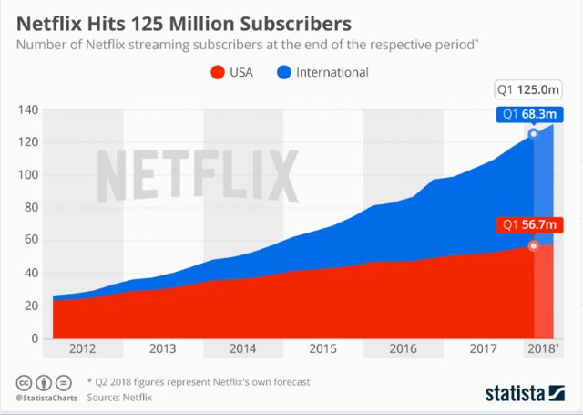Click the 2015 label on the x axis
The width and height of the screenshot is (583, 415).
pyautogui.click(x=322, y=348)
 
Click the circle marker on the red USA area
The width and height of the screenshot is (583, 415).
pyautogui.click(x=534, y=245)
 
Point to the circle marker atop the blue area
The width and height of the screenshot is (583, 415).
pyautogui.click(x=534, y=134)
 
